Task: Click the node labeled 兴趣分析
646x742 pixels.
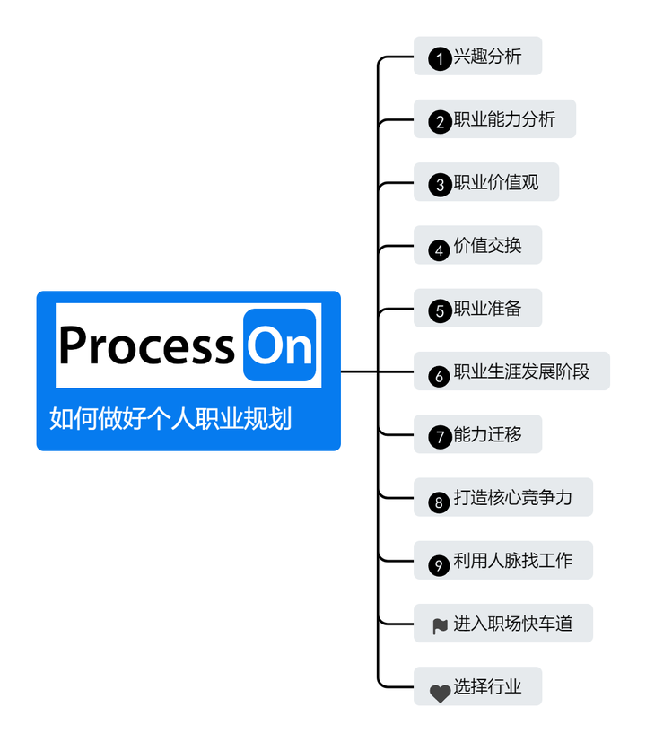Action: click(x=478, y=57)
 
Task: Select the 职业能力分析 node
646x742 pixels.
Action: click(x=494, y=119)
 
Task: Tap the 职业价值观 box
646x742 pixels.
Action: click(x=486, y=182)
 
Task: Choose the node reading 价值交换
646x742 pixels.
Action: click(x=478, y=245)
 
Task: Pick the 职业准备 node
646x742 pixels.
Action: click(x=478, y=309)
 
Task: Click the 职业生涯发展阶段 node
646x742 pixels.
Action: click(x=511, y=371)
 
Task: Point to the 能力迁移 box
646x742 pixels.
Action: click(x=478, y=435)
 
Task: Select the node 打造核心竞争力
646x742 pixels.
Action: click(x=503, y=497)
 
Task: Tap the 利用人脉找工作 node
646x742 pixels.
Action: click(x=503, y=561)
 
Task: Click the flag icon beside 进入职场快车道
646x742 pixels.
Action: click(x=440, y=626)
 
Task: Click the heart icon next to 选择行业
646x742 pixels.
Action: click(x=440, y=692)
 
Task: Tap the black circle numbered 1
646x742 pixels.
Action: click(x=440, y=60)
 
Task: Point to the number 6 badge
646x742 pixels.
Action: click(x=440, y=376)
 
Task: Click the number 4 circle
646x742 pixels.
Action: click(x=440, y=249)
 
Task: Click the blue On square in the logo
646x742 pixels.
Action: click(x=280, y=345)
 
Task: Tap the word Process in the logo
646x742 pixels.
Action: click(x=147, y=345)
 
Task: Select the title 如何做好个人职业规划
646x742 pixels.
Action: click(x=170, y=418)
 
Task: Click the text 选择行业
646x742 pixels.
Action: click(x=487, y=687)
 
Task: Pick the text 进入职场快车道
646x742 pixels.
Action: click(x=512, y=624)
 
